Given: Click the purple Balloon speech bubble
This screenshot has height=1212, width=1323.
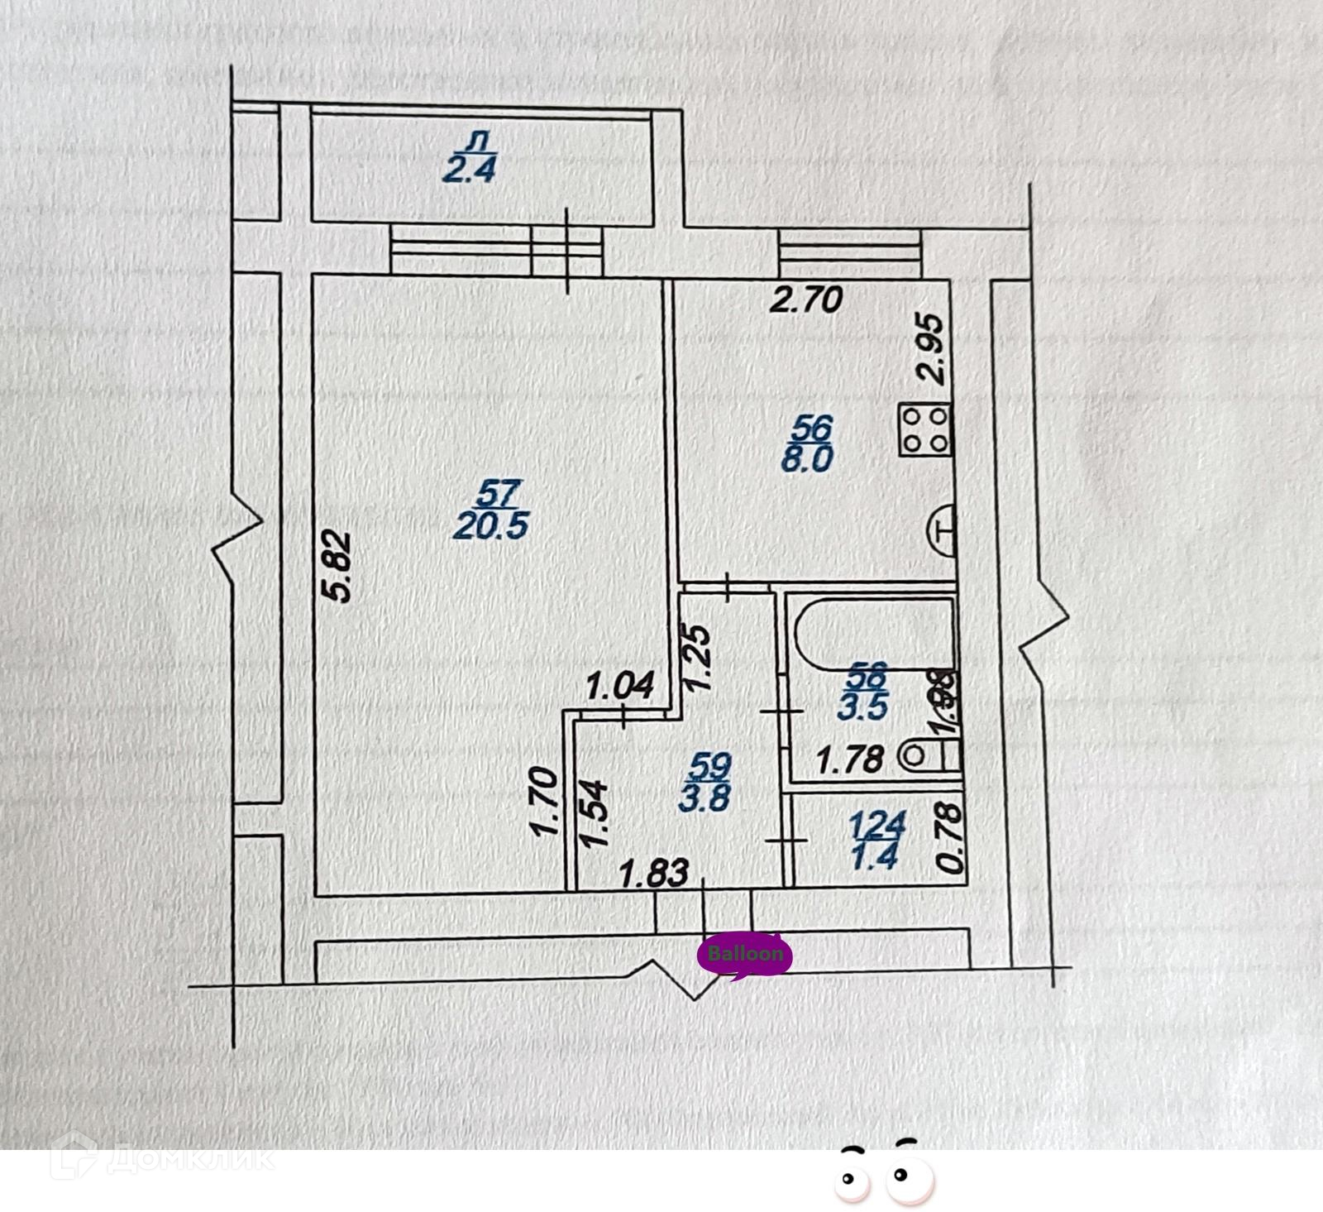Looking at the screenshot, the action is tap(745, 956).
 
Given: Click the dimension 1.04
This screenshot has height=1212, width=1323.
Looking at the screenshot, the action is tap(620, 685).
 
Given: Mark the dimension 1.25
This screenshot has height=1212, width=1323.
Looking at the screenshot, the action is tap(696, 657).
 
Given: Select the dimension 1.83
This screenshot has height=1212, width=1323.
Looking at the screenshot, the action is tap(654, 873).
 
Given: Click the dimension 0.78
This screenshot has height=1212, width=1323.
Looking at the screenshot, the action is tap(952, 841).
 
